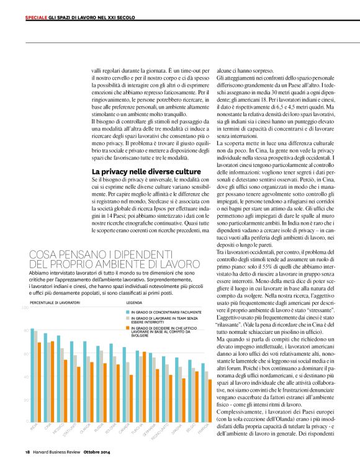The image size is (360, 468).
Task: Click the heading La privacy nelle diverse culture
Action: pos(146,170)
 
